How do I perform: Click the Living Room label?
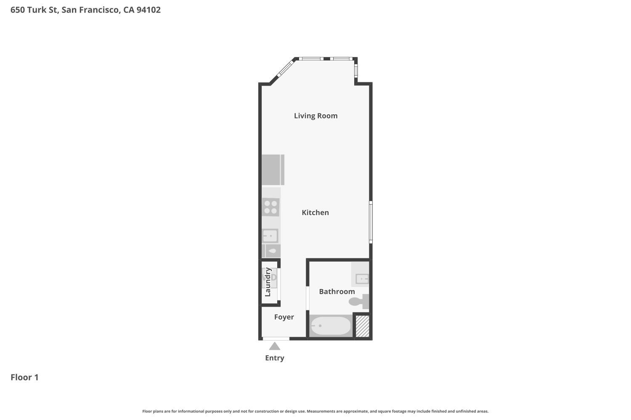pyautogui.click(x=315, y=115)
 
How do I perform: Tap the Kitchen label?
pyautogui.click(x=315, y=213)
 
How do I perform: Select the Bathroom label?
pyautogui.click(x=337, y=291)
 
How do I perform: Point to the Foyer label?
pyautogui.click(x=284, y=317)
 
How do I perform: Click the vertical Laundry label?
pyautogui.click(x=268, y=282)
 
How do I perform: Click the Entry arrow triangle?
pyautogui.click(x=274, y=346)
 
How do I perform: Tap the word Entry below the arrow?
pyautogui.click(x=274, y=358)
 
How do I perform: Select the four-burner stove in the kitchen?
pyautogui.click(x=270, y=207)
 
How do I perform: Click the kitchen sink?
pyautogui.click(x=270, y=236)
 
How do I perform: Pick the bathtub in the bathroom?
pyautogui.click(x=331, y=325)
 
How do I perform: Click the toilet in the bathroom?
pyautogui.click(x=359, y=302)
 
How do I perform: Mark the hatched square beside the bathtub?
pyautogui.click(x=362, y=326)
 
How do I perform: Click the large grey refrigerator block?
pyautogui.click(x=273, y=170)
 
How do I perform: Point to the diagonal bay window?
pyautogui.click(x=285, y=68)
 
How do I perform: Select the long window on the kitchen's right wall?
pyautogui.click(x=371, y=222)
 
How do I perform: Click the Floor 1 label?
pyautogui.click(x=24, y=377)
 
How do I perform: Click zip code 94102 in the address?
pyautogui.click(x=148, y=10)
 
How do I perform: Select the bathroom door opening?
pyautogui.click(x=308, y=298)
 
